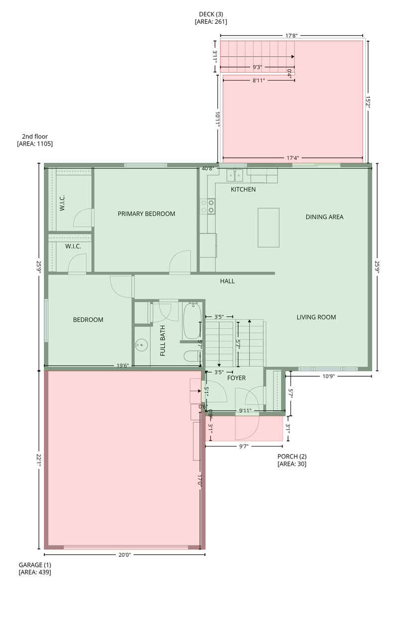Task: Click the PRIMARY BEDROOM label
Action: [x=146, y=213]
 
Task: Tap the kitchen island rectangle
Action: [x=268, y=227]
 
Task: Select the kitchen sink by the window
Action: [x=235, y=175]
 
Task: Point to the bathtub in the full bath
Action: [x=193, y=321]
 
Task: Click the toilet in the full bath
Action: [x=191, y=356]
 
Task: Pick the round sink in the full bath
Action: [x=141, y=345]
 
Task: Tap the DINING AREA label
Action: [x=324, y=217]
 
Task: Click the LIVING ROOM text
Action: [x=316, y=317]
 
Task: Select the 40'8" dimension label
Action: [x=207, y=168]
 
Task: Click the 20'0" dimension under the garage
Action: [x=124, y=555]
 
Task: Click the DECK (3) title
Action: [x=211, y=18]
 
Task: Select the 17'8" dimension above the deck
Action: [x=292, y=35]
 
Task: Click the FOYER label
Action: [x=236, y=378]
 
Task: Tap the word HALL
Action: [x=227, y=281]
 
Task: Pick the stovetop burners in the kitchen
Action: [x=207, y=207]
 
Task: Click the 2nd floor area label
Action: [x=35, y=140]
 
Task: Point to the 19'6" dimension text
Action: [x=122, y=366]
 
